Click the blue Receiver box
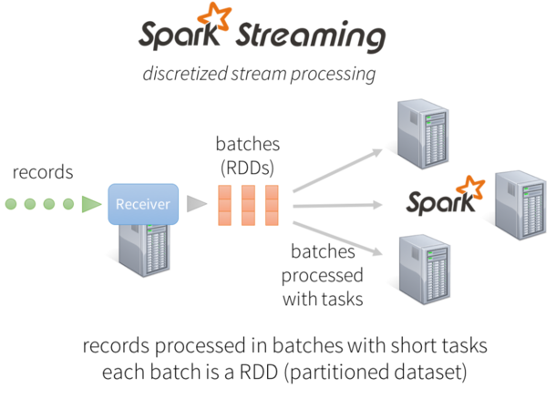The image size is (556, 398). click(x=143, y=204)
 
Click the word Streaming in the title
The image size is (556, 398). click(x=310, y=36)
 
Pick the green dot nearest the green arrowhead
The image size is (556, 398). click(x=68, y=204)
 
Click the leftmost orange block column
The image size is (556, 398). click(x=225, y=205)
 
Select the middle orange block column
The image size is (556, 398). click(x=248, y=205)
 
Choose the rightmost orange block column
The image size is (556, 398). click(x=271, y=205)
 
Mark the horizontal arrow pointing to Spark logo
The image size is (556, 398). click(x=337, y=206)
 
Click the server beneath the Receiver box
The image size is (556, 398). click(x=146, y=250)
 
